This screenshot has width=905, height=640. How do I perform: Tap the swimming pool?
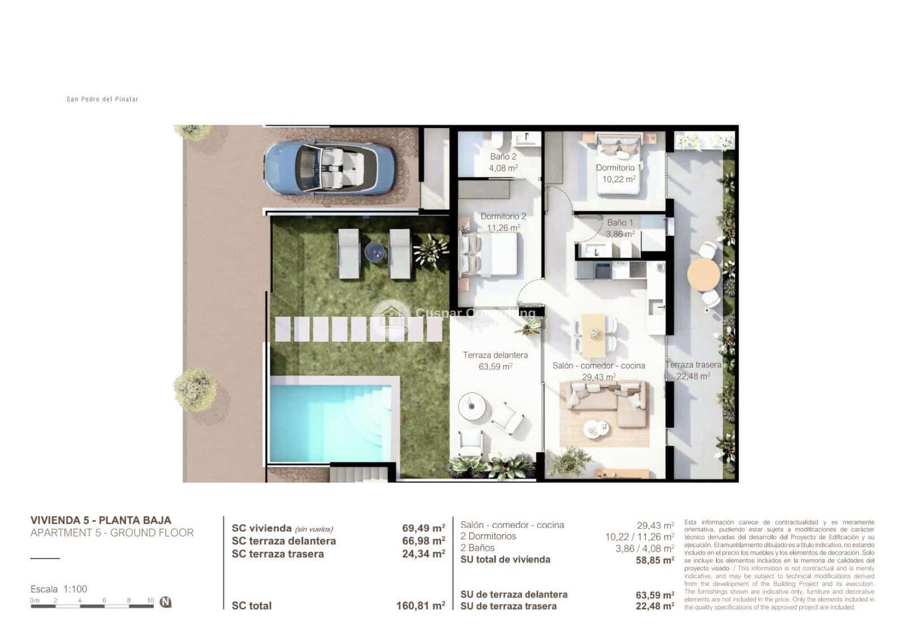(x=331, y=422)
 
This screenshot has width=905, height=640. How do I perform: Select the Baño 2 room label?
(x=503, y=157)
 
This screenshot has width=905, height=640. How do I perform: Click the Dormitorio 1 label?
(x=618, y=167)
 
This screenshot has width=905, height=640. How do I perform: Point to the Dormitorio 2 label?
(x=503, y=216)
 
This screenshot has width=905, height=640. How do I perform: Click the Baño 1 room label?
(x=620, y=222)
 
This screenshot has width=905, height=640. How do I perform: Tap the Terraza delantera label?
(x=495, y=355)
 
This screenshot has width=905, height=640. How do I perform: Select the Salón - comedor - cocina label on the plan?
(x=598, y=366)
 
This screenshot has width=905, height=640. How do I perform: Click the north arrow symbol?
(x=165, y=602)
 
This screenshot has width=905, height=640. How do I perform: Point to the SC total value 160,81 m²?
(x=420, y=605)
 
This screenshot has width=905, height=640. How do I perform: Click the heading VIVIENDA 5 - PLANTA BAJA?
(x=101, y=520)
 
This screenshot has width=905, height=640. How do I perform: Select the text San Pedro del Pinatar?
(x=102, y=99)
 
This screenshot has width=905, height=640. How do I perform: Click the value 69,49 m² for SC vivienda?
(x=423, y=528)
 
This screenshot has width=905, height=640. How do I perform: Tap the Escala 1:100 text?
(x=59, y=589)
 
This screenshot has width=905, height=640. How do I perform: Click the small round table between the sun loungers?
(x=374, y=251)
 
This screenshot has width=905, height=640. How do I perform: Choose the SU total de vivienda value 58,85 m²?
(x=655, y=560)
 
